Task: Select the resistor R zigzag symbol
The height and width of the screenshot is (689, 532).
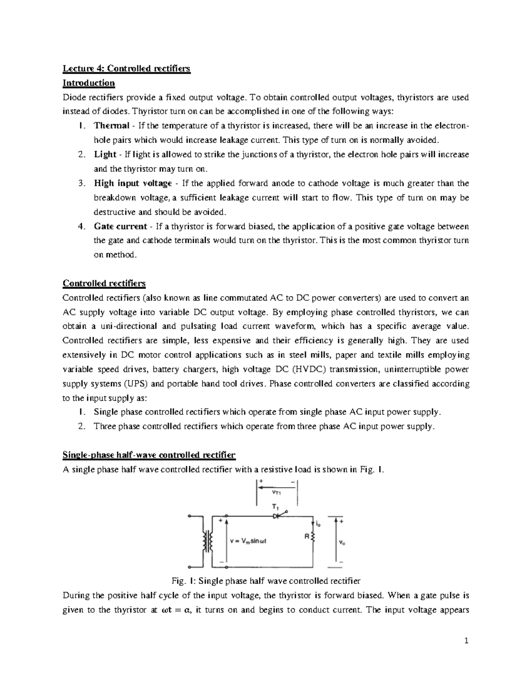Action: tap(313, 537)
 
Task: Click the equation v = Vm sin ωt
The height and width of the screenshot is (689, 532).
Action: tap(248, 541)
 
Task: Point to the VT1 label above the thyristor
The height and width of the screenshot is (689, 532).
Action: tap(277, 492)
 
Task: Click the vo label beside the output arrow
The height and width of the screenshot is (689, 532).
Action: tap(342, 542)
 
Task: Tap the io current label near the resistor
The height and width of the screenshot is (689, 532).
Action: tap(318, 524)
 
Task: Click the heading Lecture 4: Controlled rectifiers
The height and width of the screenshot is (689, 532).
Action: tap(126, 68)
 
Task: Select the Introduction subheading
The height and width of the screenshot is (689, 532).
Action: tap(89, 83)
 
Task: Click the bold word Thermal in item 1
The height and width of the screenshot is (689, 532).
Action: tap(111, 126)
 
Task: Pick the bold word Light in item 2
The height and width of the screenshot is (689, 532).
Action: tap(105, 154)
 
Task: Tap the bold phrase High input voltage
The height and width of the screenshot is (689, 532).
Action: tap(133, 183)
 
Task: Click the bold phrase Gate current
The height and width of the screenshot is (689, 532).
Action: tap(120, 226)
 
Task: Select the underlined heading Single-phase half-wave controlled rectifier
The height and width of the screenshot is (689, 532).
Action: tap(149, 455)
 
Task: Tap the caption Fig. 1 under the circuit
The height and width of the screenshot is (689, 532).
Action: tap(266, 581)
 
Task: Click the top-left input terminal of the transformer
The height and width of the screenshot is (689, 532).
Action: tap(190, 516)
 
